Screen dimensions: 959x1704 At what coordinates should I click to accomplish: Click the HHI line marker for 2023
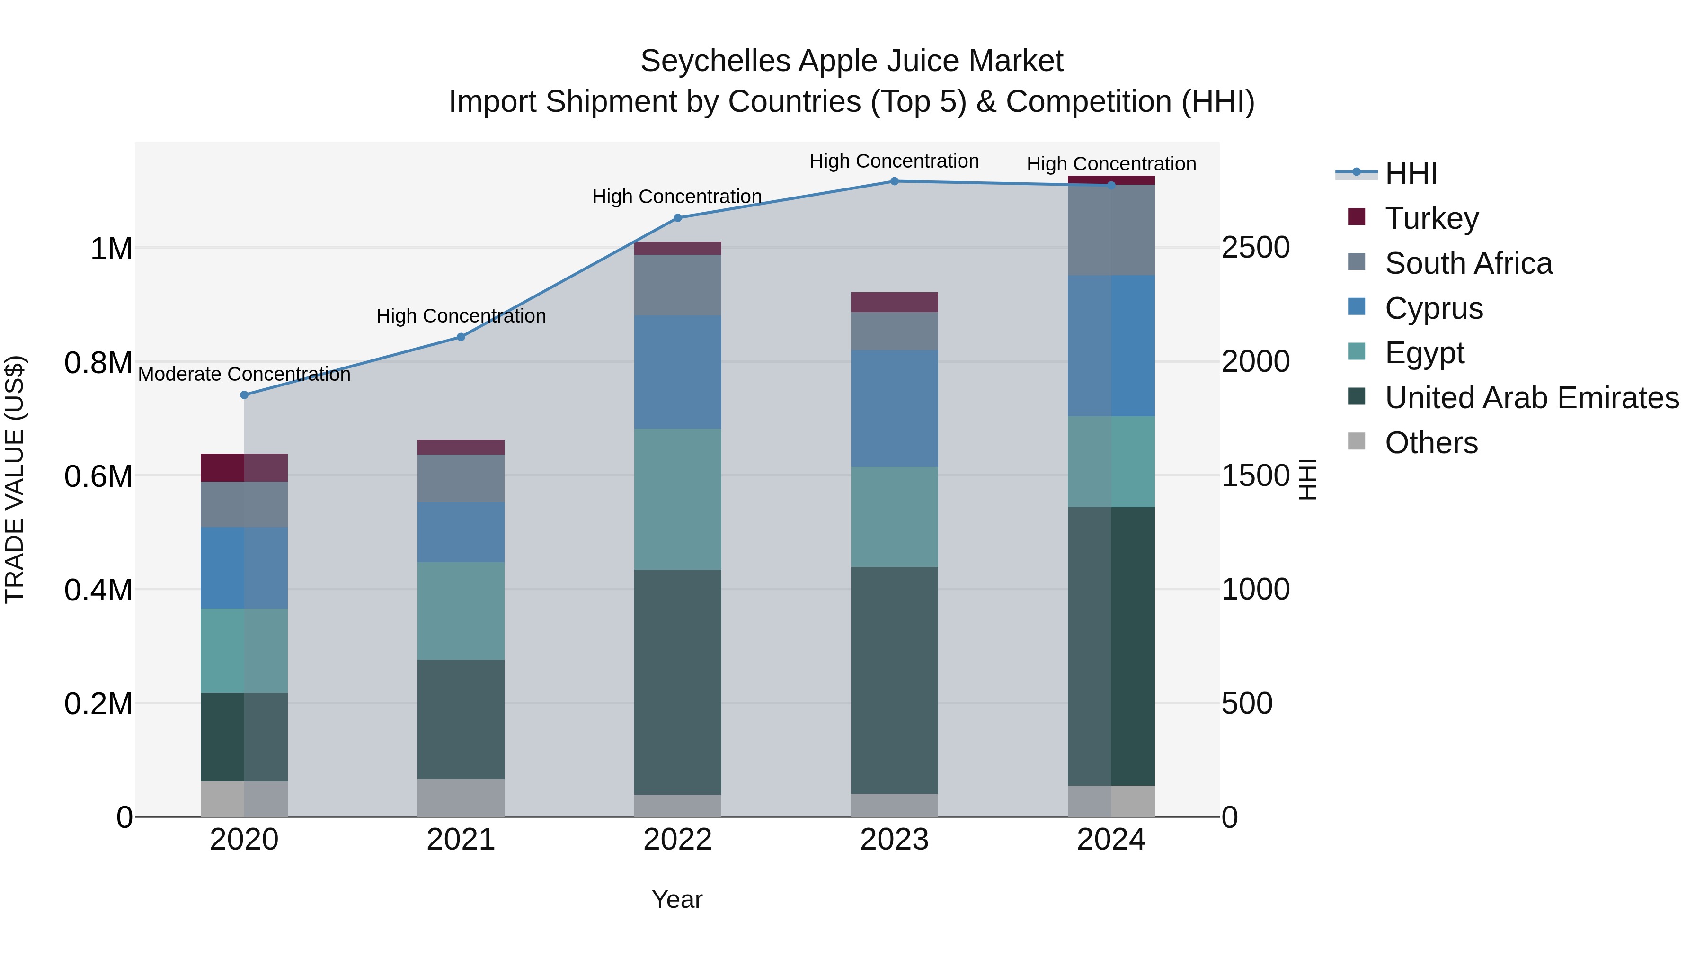[894, 181]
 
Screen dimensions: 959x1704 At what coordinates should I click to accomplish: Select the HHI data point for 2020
[244, 395]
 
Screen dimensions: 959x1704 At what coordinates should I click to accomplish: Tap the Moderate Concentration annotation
[244, 375]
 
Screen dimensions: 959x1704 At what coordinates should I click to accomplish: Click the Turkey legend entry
[1431, 218]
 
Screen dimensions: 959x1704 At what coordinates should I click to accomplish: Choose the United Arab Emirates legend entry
[1531, 398]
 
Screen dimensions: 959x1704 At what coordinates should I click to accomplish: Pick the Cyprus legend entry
[1433, 308]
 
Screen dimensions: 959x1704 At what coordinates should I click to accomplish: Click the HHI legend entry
[1411, 173]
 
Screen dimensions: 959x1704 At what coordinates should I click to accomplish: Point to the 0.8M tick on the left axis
[98, 363]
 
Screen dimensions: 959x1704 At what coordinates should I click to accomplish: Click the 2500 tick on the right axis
[1255, 248]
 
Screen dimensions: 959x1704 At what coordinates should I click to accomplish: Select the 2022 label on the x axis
[677, 840]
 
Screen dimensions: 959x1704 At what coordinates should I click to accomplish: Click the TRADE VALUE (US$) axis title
[15, 479]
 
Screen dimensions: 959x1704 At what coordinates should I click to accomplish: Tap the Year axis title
[677, 899]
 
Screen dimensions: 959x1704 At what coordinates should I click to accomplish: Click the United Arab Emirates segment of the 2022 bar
[677, 681]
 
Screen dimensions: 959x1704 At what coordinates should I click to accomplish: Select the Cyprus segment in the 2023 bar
[894, 408]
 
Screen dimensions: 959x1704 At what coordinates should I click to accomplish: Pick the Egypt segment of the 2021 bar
[461, 611]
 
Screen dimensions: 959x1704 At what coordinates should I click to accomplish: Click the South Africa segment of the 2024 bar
[1111, 230]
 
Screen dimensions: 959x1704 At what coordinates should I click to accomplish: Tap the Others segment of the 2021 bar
[461, 798]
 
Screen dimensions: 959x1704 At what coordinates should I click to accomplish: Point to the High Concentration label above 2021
[461, 316]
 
